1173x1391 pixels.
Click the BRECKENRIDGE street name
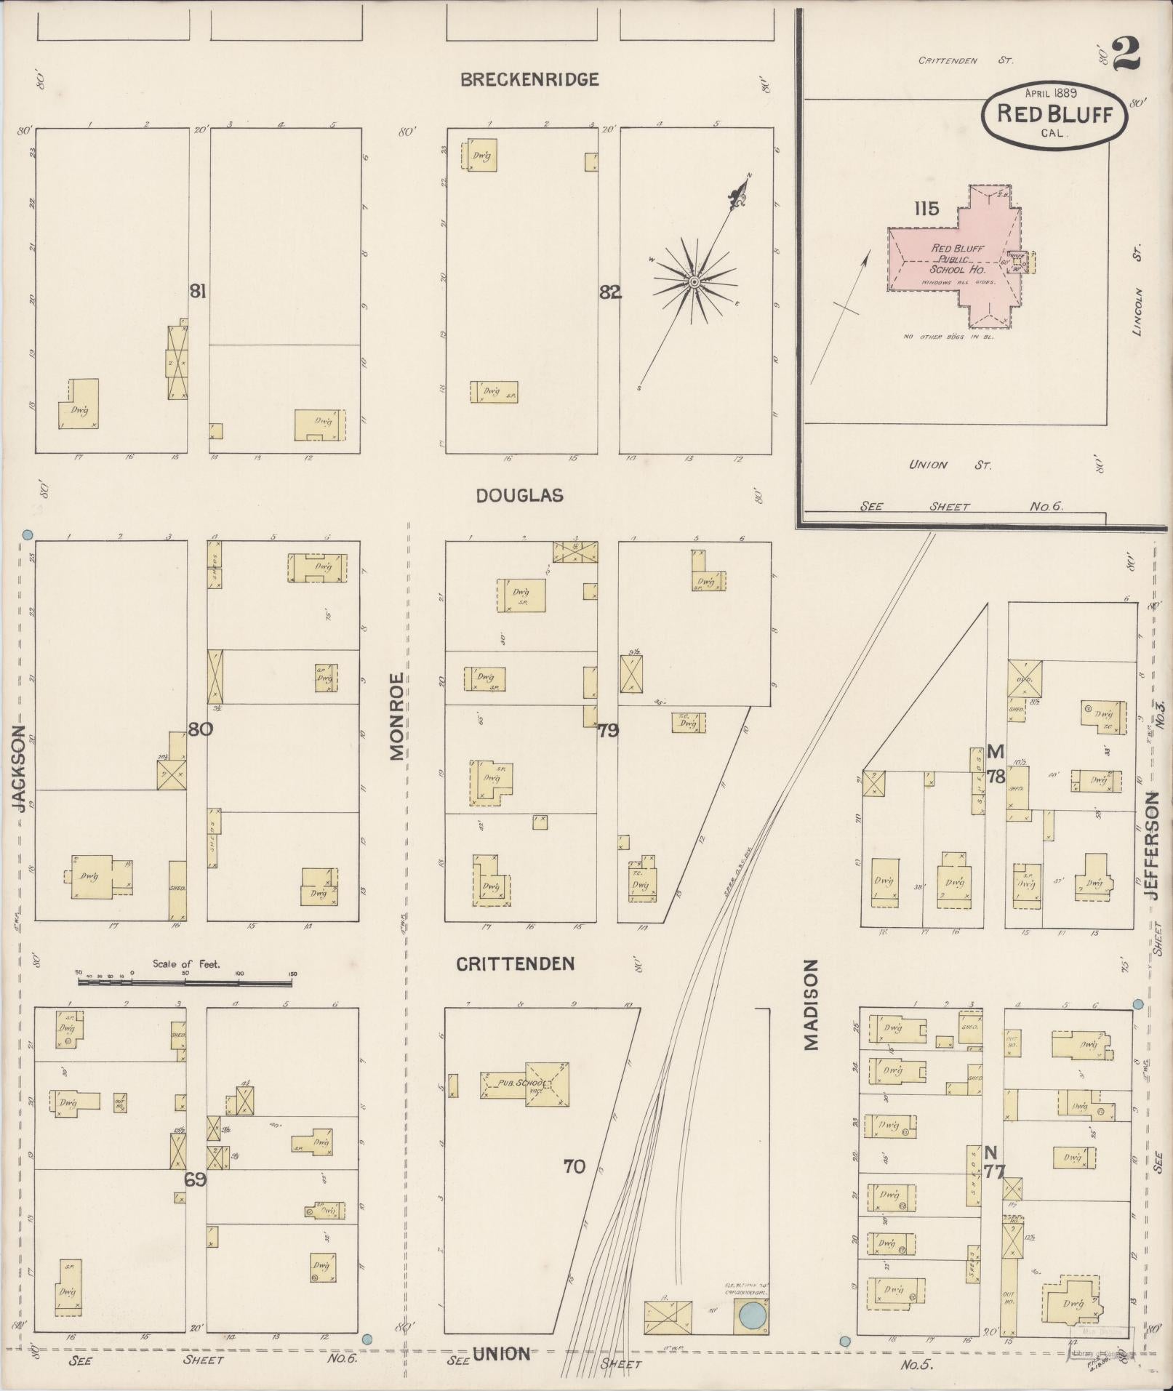(529, 80)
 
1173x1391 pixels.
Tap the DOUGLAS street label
(519, 496)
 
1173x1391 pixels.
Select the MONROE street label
(397, 716)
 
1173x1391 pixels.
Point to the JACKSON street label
(20, 769)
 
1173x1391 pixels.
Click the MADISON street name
(812, 1004)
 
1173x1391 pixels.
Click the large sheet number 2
(1124, 55)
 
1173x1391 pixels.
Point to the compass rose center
(694, 281)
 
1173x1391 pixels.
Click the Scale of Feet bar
(185, 982)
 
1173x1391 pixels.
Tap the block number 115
(926, 209)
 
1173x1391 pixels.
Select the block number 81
(198, 292)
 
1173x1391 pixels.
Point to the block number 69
(195, 1179)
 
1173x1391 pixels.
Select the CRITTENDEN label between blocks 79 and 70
(516, 964)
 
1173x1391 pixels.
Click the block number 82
(609, 292)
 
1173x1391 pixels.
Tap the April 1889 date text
(1051, 93)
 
